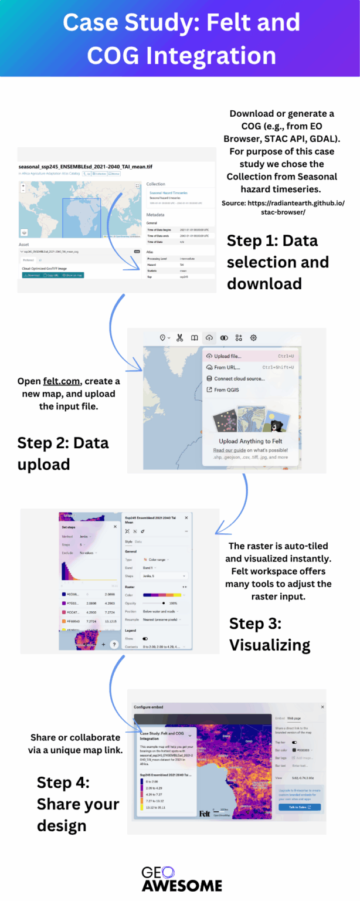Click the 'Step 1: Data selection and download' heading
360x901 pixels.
click(278, 262)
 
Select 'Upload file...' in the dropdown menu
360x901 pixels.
click(227, 356)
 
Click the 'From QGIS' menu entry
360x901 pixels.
click(226, 389)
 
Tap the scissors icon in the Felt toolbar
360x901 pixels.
click(179, 338)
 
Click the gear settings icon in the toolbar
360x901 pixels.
click(253, 338)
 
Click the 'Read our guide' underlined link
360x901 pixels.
click(229, 450)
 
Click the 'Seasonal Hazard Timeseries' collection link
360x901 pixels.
click(168, 192)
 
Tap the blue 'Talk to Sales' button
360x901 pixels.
click(298, 807)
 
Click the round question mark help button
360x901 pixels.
click(114, 644)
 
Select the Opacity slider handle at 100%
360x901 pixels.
click(163, 602)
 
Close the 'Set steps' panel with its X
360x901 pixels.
click(115, 526)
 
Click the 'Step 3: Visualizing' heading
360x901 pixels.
click(269, 634)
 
